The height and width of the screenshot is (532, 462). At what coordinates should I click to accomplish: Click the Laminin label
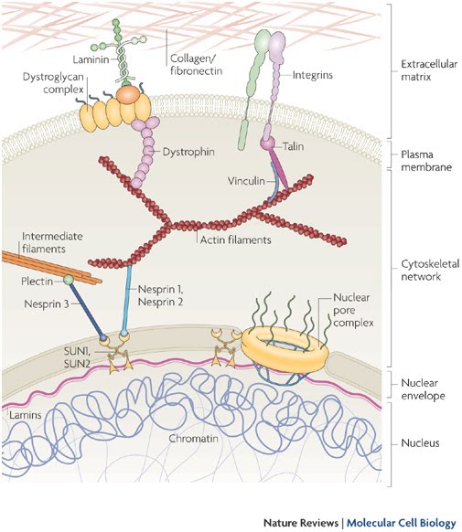91,59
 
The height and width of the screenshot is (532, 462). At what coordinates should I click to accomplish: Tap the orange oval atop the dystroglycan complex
128,94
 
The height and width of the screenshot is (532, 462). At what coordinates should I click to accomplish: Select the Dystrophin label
188,152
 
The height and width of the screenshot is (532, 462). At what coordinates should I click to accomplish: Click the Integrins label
313,75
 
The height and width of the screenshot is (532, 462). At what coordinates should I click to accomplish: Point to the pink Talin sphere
267,144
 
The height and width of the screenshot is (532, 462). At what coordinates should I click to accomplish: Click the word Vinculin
246,181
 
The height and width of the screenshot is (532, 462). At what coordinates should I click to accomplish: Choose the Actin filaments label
236,239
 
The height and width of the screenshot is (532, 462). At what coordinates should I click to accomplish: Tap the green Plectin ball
69,280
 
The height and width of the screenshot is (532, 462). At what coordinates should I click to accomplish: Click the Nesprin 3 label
47,304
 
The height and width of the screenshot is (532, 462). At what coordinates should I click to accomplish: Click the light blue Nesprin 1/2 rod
126,299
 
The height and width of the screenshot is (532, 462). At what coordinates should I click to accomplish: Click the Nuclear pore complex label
353,310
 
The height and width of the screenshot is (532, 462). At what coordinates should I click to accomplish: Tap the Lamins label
26,415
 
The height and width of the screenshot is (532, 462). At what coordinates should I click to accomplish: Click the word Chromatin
193,439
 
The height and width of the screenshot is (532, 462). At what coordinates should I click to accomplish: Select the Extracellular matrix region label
429,70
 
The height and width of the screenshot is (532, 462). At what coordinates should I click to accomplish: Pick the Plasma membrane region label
426,161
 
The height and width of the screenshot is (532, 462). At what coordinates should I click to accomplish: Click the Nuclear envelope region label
423,389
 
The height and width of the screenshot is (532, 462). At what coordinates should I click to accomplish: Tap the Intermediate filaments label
52,242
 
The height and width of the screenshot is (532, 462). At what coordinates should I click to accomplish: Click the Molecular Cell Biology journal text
401,523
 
